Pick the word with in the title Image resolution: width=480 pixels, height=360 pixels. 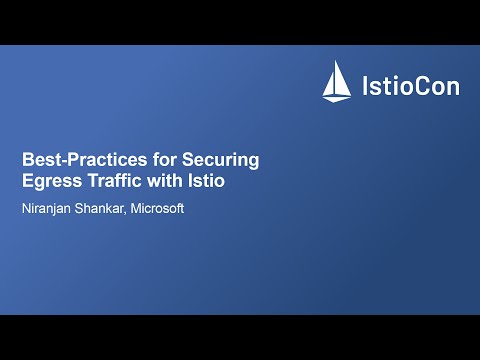coord(170,181)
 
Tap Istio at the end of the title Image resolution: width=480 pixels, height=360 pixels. coord(211,181)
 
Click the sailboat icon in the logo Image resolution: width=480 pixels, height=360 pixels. coord(334,81)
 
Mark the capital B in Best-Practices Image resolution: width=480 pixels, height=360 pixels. coord(28,159)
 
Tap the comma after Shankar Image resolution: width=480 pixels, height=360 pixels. coord(138,212)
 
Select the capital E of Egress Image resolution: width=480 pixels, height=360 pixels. coord(28,181)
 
